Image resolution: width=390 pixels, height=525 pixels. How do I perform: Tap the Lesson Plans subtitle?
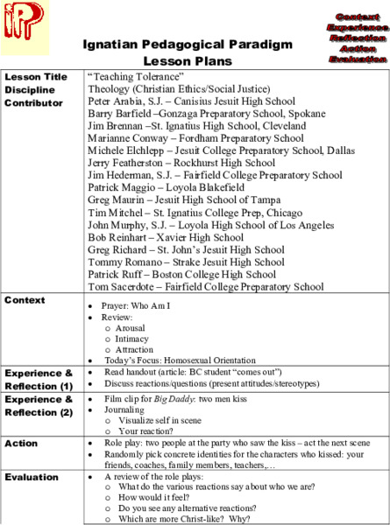click(188, 61)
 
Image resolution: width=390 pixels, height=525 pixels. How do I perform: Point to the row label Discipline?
click(30, 89)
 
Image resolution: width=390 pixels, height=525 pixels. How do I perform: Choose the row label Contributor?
click(34, 102)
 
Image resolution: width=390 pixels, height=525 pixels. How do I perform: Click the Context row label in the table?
click(25, 301)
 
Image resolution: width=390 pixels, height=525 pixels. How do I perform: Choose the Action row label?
click(21, 444)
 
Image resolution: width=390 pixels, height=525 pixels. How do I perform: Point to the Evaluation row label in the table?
click(32, 478)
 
